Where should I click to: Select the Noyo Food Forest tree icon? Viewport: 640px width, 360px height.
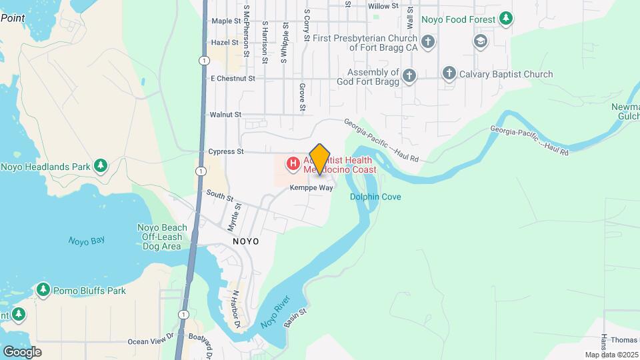point(507,19)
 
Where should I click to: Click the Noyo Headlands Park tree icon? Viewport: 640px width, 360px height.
point(101,165)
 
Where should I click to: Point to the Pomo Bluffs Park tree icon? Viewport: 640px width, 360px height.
point(43,290)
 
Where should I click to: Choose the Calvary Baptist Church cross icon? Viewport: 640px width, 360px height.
point(449,74)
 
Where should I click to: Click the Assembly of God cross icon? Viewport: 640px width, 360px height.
point(409,77)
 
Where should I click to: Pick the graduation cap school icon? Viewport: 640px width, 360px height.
point(479,42)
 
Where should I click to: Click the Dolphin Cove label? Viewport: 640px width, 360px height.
point(376,197)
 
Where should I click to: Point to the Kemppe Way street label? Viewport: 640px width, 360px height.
point(311,188)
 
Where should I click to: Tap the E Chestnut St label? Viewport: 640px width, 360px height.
point(233,79)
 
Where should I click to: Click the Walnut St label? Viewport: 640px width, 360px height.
point(225,115)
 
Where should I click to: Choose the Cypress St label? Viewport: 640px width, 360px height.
point(221,151)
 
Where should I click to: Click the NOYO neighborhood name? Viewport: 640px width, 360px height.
point(245,240)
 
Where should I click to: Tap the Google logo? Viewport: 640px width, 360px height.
point(22,351)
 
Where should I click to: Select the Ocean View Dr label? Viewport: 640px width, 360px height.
point(150,342)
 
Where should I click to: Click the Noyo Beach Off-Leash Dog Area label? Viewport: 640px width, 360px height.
point(159,237)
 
